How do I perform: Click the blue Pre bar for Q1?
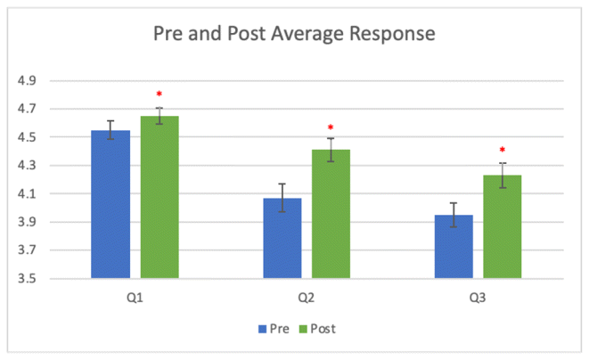coord(110,205)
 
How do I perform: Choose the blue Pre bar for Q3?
coord(454,247)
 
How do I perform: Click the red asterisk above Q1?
coord(160,94)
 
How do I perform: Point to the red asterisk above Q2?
coord(330,127)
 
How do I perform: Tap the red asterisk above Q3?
coord(502,150)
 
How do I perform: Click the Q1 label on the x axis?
coord(135,297)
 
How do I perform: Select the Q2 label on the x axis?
coord(306,297)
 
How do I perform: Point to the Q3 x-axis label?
coord(478,297)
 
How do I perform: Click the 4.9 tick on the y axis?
coord(27,81)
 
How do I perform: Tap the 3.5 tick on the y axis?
coord(27,279)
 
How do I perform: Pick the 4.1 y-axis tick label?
coord(27,194)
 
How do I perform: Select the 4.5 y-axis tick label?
coord(27,137)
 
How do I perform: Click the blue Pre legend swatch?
coord(263,329)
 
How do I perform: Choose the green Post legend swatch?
coord(303,329)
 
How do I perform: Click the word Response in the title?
coord(383,37)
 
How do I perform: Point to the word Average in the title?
coord(293,37)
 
